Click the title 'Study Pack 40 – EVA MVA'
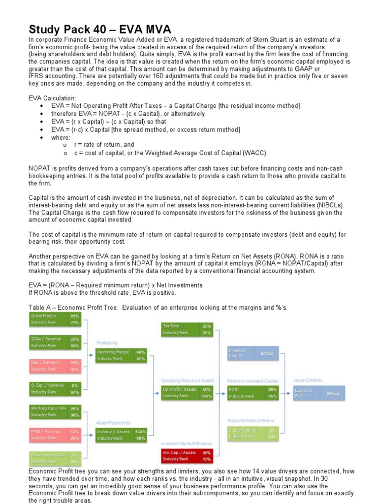pyautogui.click(x=100, y=29)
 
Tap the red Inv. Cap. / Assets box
pyautogui.click(x=187, y=455)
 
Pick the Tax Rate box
pyautogui.click(x=187, y=329)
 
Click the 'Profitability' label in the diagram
pyautogui.click(x=107, y=343)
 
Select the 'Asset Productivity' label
pyautogui.click(x=113, y=422)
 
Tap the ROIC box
pyautogui.click(x=252, y=392)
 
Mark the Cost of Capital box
pyautogui.click(x=252, y=433)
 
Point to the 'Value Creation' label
pyautogui.click(x=308, y=380)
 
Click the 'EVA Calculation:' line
pyautogui.click(x=52, y=98)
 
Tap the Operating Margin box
pyautogui.click(x=121, y=355)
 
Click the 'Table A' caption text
pyautogui.click(x=157, y=308)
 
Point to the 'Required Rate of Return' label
pyautogui.click(x=251, y=421)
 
